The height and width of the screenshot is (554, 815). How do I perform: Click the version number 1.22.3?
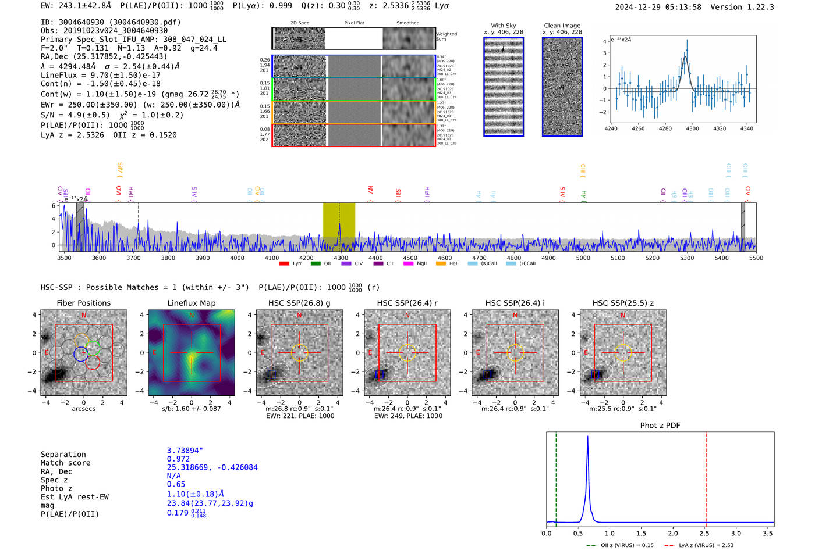click(x=759, y=7)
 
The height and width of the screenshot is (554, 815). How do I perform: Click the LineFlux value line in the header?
click(x=100, y=75)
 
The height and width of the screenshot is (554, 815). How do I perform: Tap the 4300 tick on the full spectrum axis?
click(x=341, y=258)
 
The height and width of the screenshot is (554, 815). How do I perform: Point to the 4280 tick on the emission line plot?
click(x=665, y=128)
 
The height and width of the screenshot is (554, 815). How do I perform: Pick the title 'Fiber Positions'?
click(x=83, y=303)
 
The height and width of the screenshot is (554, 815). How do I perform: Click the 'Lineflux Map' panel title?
click(x=191, y=303)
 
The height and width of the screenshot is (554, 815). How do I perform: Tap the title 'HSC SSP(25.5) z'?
click(x=623, y=303)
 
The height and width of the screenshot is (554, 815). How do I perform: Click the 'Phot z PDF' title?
click(x=660, y=426)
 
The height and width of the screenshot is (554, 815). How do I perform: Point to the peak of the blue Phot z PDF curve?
click(x=587, y=437)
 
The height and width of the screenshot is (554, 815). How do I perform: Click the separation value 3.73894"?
click(x=185, y=451)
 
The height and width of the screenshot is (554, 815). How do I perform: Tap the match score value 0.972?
click(x=178, y=459)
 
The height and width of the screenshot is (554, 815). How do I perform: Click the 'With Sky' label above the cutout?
click(x=503, y=26)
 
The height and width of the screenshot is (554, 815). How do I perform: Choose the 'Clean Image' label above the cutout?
click(x=562, y=26)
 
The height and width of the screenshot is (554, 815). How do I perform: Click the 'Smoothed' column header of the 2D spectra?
click(x=408, y=23)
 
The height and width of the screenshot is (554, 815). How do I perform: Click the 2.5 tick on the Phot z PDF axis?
click(x=704, y=533)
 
